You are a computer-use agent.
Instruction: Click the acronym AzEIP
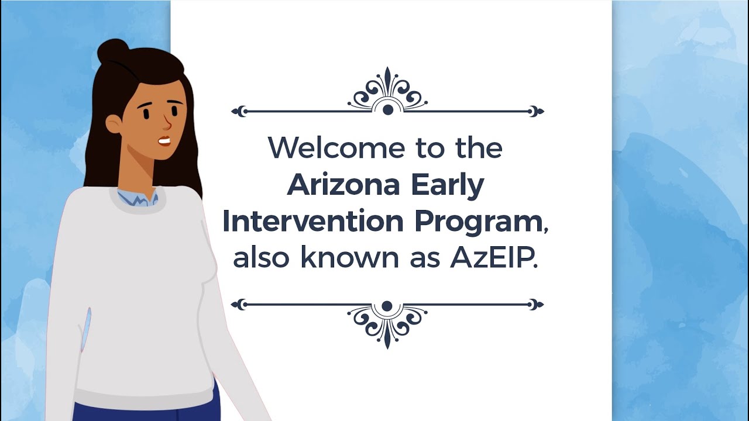click(x=493, y=258)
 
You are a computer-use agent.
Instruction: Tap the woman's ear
click(x=114, y=124)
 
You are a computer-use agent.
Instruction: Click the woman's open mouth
click(x=164, y=141)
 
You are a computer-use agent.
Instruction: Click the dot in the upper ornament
click(x=387, y=109)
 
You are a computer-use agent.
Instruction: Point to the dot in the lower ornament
click(x=387, y=306)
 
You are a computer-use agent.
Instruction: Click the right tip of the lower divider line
click(x=539, y=304)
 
